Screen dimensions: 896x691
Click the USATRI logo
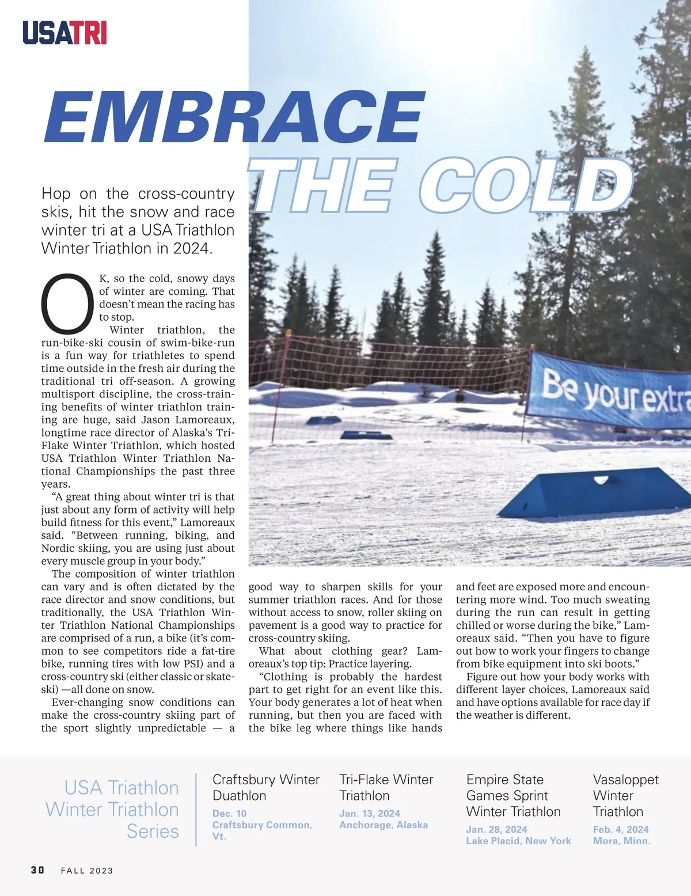[64, 33]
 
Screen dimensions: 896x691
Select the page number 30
[37, 870]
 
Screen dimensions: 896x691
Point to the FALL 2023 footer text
[87, 870]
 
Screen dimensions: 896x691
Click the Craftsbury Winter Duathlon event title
[265, 787]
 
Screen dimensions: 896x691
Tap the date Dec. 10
[229, 813]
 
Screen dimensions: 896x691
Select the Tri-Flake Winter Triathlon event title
[386, 787]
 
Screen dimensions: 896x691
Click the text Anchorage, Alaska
[384, 825]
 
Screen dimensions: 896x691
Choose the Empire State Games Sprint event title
[513, 795]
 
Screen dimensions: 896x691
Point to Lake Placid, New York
[518, 841]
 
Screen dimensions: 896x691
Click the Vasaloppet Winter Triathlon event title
[625, 795]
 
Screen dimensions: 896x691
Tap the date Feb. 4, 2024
[620, 829]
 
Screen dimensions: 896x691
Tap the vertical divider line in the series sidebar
[196, 809]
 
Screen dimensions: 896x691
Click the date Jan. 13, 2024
[369, 813]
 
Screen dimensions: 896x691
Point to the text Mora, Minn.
[621, 841]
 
